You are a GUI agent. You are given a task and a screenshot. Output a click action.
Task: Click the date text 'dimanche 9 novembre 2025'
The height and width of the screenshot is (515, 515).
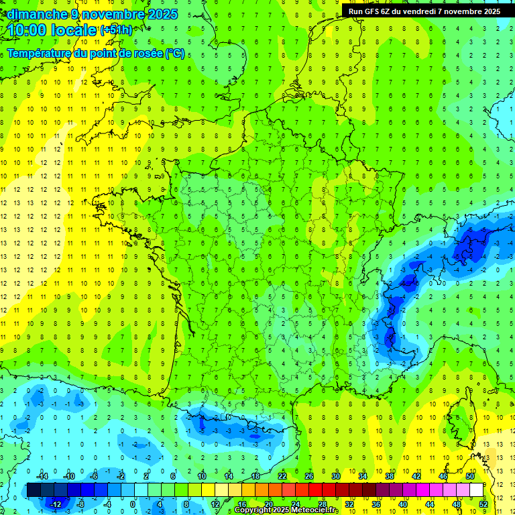point(92,14)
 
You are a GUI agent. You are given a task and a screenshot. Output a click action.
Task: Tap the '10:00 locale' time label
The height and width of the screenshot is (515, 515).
point(52,30)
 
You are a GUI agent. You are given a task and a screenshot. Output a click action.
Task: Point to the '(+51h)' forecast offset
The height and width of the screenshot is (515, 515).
point(116,31)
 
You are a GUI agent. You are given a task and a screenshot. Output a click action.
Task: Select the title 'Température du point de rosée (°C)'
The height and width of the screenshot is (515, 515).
point(96,54)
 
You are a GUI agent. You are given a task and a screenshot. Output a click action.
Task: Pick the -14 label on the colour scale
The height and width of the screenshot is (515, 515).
point(42,475)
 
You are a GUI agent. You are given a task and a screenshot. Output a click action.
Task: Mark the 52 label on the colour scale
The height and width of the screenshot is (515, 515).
point(483,504)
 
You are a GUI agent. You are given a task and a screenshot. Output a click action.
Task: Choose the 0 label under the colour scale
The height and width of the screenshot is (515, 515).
point(133,504)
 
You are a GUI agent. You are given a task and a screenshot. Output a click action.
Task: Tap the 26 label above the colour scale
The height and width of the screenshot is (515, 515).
point(309,475)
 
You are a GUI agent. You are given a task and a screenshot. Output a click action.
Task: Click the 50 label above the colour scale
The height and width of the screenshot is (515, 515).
point(469,475)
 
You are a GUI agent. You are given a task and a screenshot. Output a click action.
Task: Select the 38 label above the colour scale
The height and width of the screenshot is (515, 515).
point(390,475)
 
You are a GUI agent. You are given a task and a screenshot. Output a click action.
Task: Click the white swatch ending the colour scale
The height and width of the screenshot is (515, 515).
point(476,490)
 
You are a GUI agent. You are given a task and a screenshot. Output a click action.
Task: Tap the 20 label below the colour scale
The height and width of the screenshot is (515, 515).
point(269,504)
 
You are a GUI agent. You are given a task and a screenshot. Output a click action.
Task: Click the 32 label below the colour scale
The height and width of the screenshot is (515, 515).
point(349,504)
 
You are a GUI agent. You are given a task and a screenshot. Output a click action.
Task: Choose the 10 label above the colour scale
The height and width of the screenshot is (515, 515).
point(202,475)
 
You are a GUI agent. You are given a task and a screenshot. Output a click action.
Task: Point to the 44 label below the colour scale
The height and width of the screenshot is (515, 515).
point(430,504)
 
